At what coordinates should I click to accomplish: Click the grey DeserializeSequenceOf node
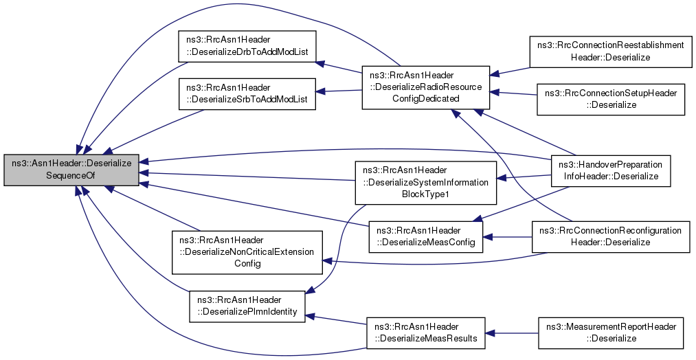click(x=71, y=170)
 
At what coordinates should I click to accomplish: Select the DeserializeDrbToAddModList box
click(x=247, y=46)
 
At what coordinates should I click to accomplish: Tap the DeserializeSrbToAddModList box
click(x=247, y=93)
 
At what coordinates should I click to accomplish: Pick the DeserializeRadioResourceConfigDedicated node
click(x=426, y=87)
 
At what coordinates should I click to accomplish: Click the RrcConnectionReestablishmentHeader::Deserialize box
click(x=611, y=52)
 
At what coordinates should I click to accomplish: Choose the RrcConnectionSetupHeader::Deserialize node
click(x=611, y=100)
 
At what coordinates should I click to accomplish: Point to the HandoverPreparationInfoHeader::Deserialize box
click(x=611, y=171)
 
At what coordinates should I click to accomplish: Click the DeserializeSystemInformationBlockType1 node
click(x=426, y=183)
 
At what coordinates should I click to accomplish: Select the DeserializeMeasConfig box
click(x=426, y=236)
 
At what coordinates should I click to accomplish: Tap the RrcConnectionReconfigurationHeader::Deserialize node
click(x=611, y=236)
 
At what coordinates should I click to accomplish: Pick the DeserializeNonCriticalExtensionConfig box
click(x=247, y=252)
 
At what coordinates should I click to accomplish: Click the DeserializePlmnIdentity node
click(x=247, y=306)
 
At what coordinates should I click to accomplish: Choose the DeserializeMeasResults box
click(x=426, y=333)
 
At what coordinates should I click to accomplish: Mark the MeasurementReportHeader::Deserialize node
click(x=611, y=333)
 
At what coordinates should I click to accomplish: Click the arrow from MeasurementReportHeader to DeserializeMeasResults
click(x=512, y=333)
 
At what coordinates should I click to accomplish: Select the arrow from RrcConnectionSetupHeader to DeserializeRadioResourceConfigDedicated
click(x=513, y=93)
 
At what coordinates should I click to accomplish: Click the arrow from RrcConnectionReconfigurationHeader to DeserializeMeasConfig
click(x=507, y=236)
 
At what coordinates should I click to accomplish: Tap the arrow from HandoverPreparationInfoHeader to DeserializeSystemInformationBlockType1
click(x=524, y=177)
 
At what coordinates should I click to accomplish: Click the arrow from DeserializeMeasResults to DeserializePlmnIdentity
click(x=335, y=319)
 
